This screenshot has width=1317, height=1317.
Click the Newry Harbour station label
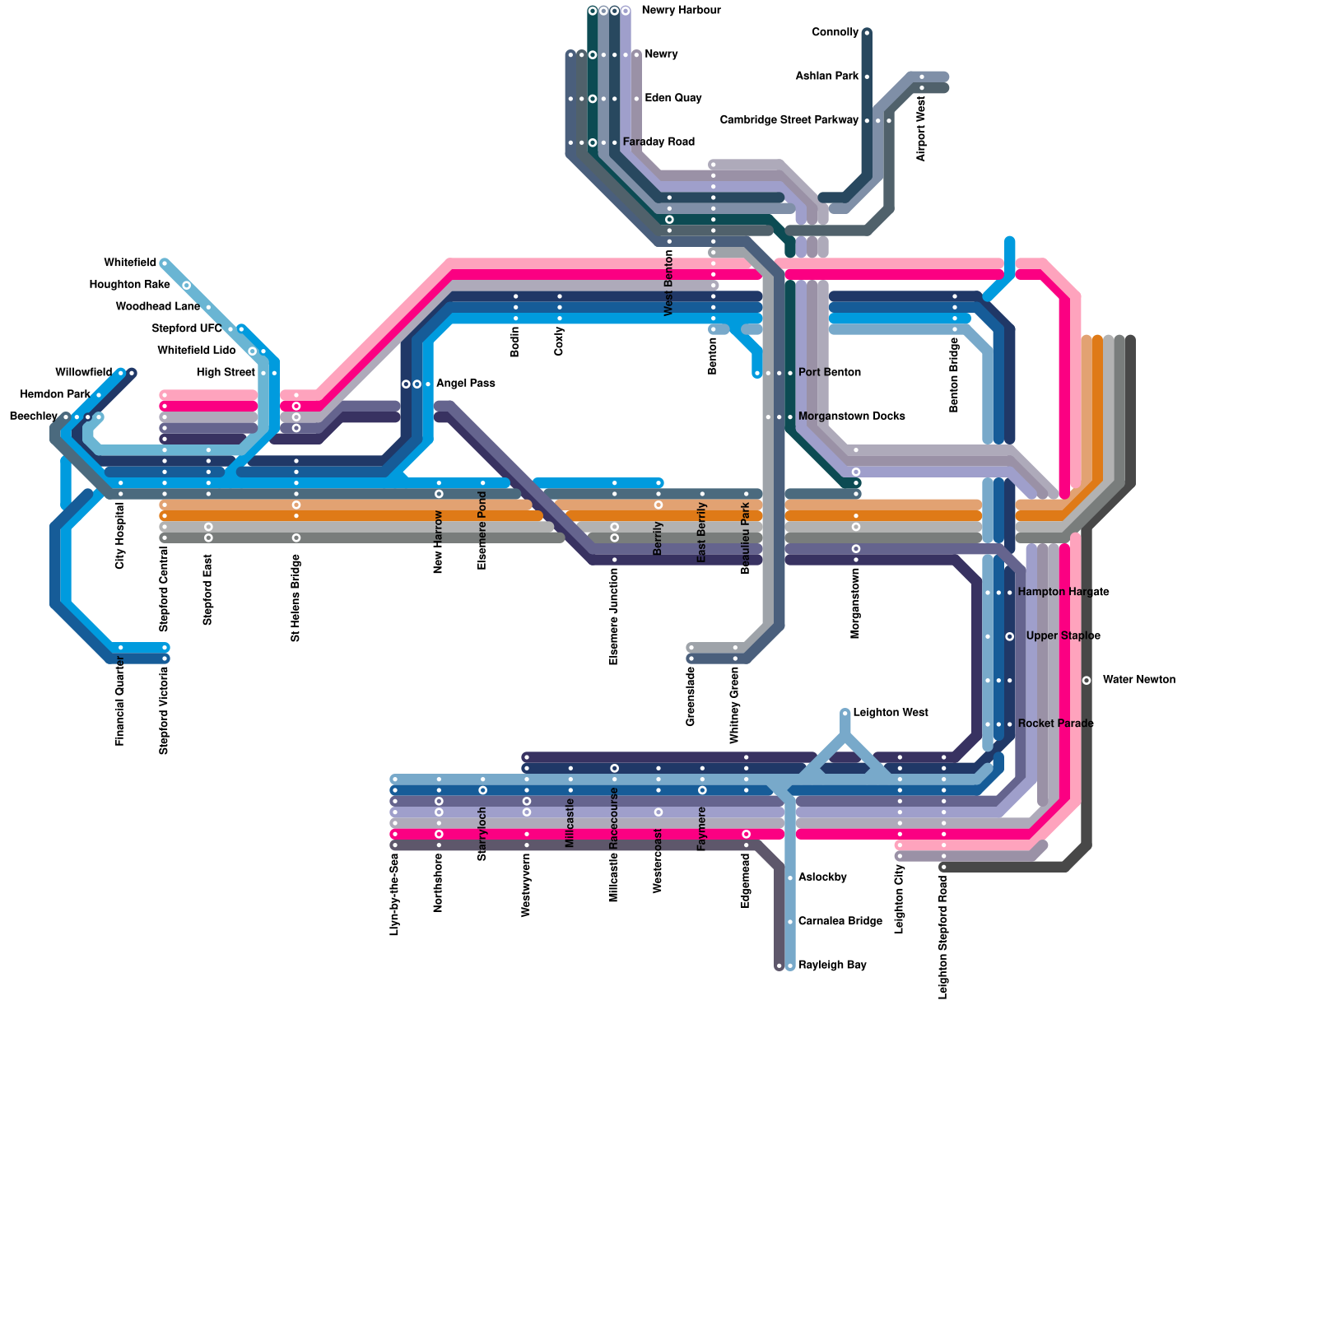[x=681, y=11]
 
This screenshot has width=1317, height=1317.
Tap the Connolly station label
[x=835, y=33]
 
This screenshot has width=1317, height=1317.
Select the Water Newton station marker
[x=1087, y=680]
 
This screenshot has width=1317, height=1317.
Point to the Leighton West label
[x=891, y=713]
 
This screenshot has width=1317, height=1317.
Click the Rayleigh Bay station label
[x=832, y=965]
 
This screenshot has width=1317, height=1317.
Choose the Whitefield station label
[x=130, y=263]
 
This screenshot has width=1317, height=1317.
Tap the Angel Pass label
[x=465, y=384]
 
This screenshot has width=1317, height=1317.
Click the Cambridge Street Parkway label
[x=789, y=120]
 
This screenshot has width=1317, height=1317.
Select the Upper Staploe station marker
[x=1010, y=636]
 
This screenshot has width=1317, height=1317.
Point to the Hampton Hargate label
[x=1063, y=593]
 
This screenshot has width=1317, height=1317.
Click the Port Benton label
[x=829, y=373]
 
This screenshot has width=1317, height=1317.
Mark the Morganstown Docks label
[x=851, y=417]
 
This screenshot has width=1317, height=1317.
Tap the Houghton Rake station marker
[x=187, y=286]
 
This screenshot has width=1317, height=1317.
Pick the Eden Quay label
[x=672, y=98]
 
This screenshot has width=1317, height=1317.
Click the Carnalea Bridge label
[x=840, y=921]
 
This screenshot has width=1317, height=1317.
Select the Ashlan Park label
[x=826, y=77]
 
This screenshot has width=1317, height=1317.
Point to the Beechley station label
[x=33, y=417]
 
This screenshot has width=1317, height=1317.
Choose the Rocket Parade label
[x=1055, y=724]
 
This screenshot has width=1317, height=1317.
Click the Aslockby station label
[x=822, y=877]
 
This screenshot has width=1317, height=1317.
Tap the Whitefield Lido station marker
[x=253, y=351]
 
